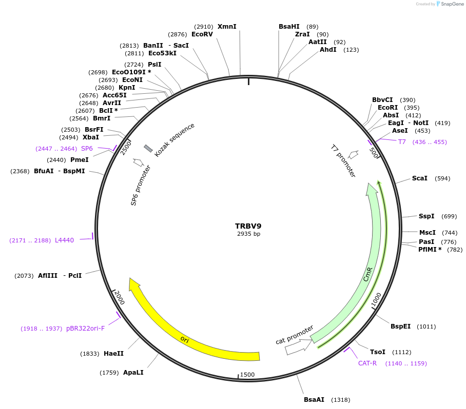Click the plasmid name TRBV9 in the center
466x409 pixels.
248,226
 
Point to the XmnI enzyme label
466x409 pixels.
227,27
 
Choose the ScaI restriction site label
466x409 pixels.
419,178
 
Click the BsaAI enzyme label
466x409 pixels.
314,399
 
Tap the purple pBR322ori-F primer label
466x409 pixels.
85,329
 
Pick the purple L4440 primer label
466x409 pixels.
64,240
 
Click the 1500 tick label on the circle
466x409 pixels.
247,375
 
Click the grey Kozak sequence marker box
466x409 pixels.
148,148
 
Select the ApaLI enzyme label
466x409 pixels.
133,373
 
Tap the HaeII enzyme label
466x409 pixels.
113,354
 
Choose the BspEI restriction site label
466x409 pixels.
400,326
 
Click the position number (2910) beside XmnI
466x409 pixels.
204,27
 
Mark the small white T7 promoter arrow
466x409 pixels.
353,154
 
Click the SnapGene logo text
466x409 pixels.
453,4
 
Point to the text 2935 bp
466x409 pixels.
248,234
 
